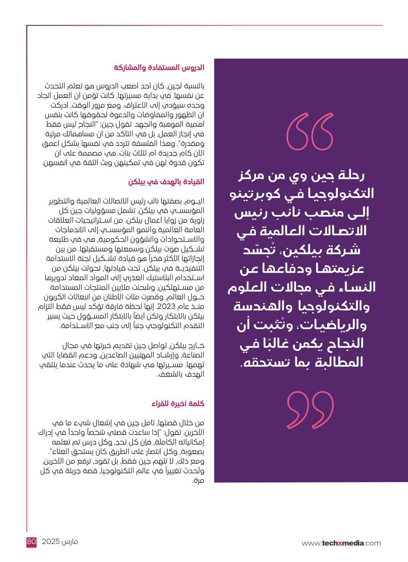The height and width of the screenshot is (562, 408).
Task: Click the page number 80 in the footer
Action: tap(31, 542)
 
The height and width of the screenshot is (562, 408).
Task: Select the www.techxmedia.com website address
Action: tap(341, 543)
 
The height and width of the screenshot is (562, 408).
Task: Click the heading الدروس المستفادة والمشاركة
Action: tap(159, 67)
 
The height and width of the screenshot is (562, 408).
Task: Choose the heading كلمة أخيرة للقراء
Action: tap(178, 404)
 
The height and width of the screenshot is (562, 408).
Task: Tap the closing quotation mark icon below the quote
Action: tap(310, 408)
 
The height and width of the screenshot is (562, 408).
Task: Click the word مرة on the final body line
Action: tap(200, 480)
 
